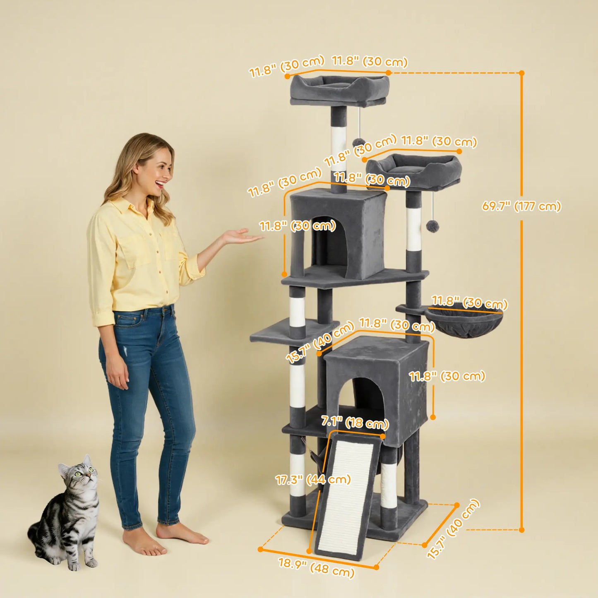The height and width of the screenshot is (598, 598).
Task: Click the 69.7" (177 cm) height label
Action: point(521,206)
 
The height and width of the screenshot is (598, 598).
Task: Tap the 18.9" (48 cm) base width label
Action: point(317,568)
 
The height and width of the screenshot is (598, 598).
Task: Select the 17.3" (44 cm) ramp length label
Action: point(313,480)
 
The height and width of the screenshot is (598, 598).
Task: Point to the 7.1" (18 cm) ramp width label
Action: point(355,423)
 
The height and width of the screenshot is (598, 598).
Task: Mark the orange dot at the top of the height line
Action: point(521,73)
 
